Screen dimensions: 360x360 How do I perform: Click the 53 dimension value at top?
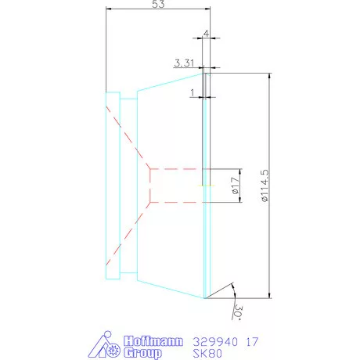pyautogui.click(x=157, y=6)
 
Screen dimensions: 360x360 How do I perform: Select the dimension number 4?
pyautogui.click(x=206, y=34)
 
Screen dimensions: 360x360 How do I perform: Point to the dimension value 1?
pyautogui.click(x=193, y=92)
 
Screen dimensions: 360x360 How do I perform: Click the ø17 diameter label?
pyautogui.click(x=233, y=185)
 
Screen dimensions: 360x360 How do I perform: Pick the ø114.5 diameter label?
pyautogui.click(x=265, y=185)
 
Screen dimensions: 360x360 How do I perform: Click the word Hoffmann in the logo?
pyautogui.click(x=153, y=340)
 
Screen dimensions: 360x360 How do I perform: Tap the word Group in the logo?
pyautogui.click(x=144, y=353)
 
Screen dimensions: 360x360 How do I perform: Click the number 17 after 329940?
pyautogui.click(x=252, y=341)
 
